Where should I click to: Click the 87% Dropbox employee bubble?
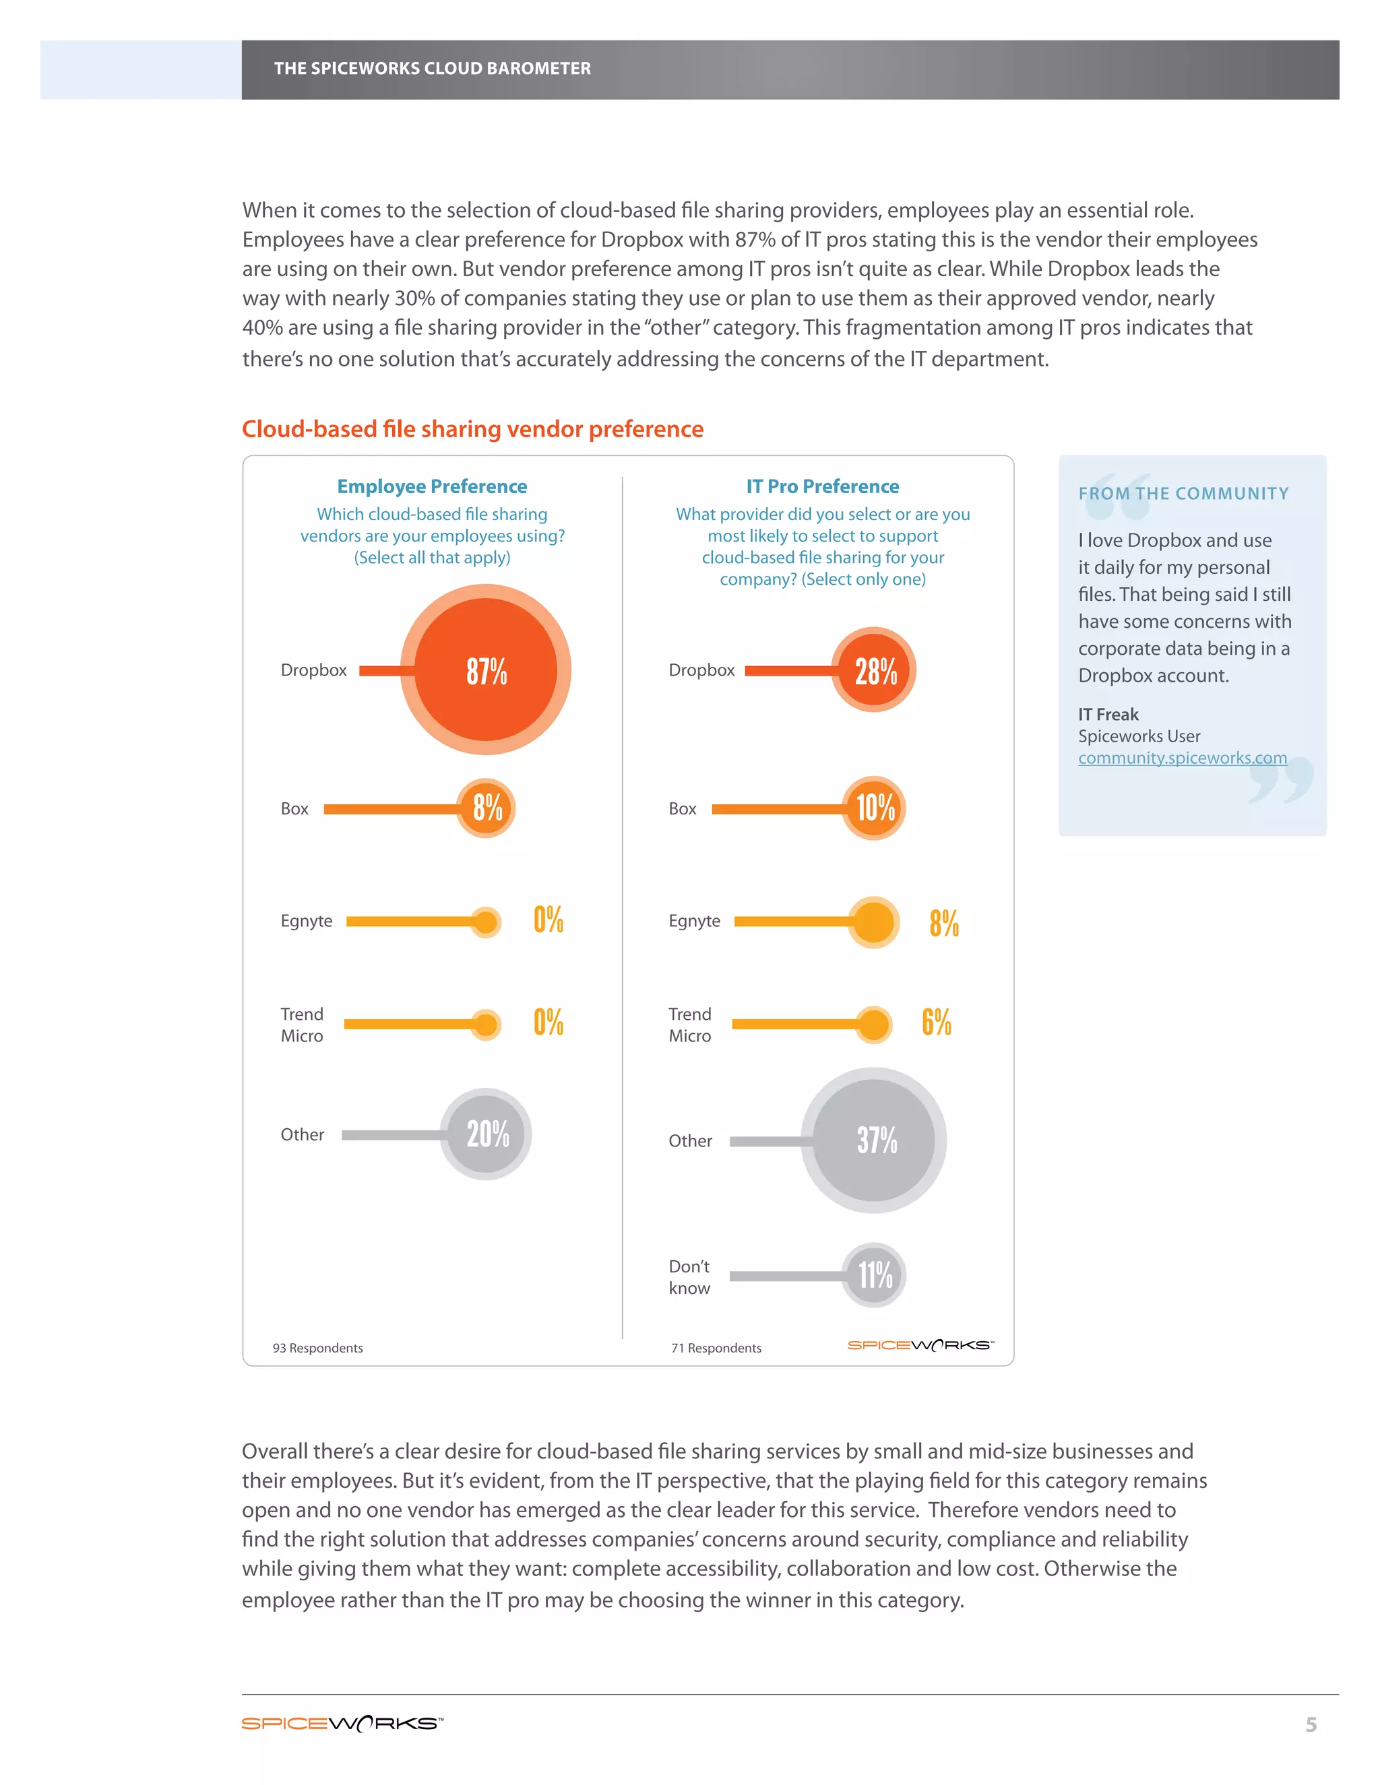pos(486,670)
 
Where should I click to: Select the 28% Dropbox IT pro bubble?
pos(874,670)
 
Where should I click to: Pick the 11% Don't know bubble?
pos(874,1275)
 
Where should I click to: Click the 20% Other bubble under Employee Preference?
pos(486,1134)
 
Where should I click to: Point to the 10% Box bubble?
pos(874,808)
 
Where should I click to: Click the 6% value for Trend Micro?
pos(936,1023)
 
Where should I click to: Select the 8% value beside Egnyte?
pos(943,923)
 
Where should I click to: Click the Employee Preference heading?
pos(432,486)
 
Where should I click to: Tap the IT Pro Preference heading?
pos(823,486)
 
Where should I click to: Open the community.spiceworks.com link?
pos(1182,758)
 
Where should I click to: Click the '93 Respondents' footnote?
pos(317,1348)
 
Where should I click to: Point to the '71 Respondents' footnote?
pos(716,1348)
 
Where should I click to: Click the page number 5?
pos(1311,1724)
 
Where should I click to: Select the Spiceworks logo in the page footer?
pos(342,1724)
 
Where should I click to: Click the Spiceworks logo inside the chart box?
pos(920,1345)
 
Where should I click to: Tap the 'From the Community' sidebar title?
pos(1183,494)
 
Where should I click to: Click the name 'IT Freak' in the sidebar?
pos(1108,714)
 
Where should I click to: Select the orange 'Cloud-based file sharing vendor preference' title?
pos(472,429)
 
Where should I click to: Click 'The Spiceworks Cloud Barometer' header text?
pos(432,69)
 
